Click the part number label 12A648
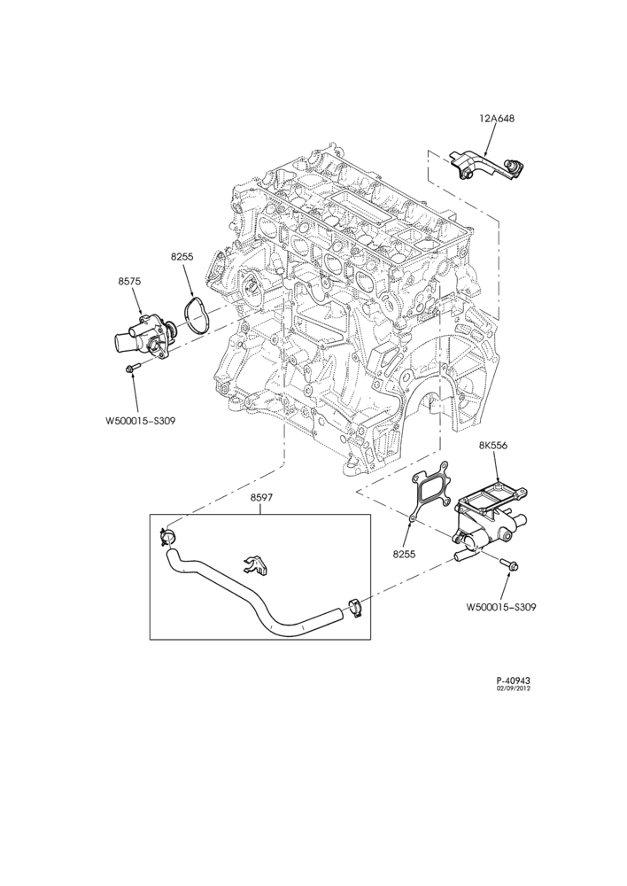pos(497,119)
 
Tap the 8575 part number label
pos(129,281)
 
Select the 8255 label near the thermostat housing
pos(182,257)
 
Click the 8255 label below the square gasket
pos(405,555)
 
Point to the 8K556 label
pos(493,446)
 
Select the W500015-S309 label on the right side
pos(501,608)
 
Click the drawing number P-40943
pos(513,680)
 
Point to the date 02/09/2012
pos(514,688)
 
